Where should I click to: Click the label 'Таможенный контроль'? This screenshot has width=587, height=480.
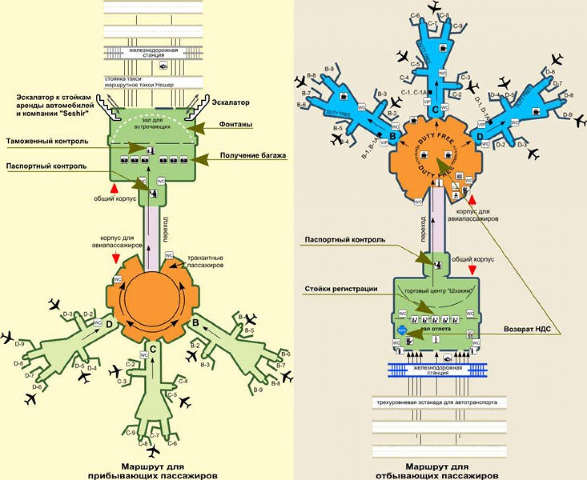coord(47,141)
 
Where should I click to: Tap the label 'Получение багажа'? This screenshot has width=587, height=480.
coord(253,155)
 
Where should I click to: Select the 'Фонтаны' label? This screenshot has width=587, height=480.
coord(237,125)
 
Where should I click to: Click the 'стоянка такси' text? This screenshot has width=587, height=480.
coord(123,79)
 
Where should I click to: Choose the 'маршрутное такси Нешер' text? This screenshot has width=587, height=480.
coord(139,85)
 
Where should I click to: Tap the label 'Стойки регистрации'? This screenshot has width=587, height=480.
coord(341,289)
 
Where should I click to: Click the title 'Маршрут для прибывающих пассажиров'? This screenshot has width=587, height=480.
coord(153,471)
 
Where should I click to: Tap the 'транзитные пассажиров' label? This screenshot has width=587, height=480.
coord(205,262)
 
